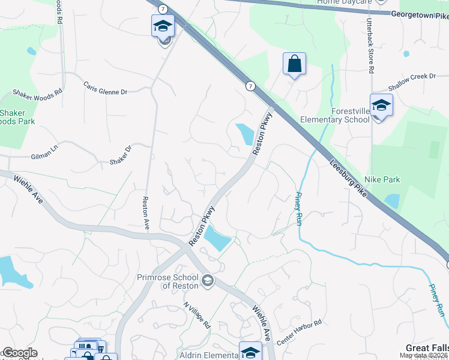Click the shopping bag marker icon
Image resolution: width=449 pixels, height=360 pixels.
(x=294, y=64)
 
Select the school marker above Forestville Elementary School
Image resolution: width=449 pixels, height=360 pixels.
(x=381, y=106)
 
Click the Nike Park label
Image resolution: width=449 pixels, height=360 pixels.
(x=382, y=179)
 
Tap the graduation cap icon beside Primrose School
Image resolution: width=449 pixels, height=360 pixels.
(x=207, y=280)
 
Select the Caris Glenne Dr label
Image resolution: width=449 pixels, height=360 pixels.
(x=105, y=88)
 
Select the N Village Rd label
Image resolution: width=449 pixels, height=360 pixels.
(x=197, y=314)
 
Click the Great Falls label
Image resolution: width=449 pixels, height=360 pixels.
(x=427, y=348)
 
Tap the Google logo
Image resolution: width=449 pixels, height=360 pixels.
(x=19, y=353)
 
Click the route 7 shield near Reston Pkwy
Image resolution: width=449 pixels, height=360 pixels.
(x=249, y=86)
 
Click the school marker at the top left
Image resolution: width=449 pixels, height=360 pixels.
(x=163, y=26)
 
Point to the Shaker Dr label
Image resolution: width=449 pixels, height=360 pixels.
(x=120, y=156)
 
